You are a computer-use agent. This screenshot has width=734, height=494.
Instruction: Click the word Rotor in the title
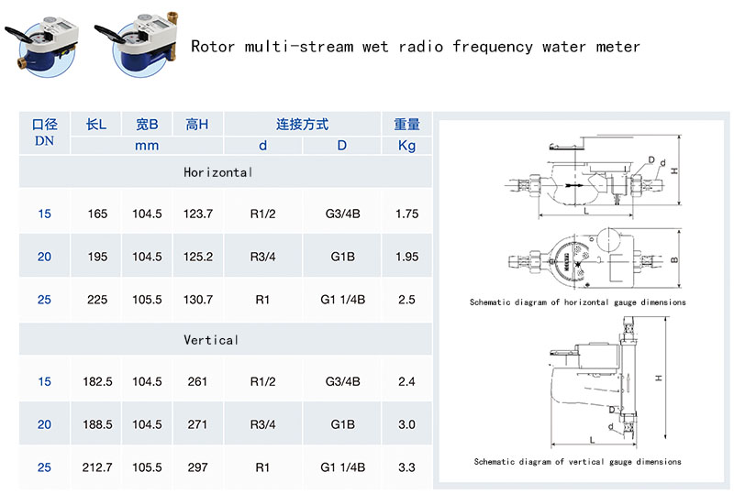coord(212,46)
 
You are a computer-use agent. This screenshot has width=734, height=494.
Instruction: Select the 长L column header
coord(97,125)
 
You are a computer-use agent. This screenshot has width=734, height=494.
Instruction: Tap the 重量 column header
coord(406,125)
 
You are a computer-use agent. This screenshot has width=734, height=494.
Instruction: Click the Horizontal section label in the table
coord(217,172)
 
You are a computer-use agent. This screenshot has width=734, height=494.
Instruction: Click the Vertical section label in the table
coord(211,340)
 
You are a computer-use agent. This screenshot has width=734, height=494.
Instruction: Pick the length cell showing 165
coord(97,214)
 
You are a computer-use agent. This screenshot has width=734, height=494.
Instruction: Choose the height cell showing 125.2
coord(197,257)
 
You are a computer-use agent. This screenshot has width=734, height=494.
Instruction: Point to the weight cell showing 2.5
coord(406,300)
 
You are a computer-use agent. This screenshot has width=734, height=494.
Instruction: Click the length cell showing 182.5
coord(97,382)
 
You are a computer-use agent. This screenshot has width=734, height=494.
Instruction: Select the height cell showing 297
coord(197,467)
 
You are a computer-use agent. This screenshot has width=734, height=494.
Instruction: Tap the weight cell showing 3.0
coord(406,424)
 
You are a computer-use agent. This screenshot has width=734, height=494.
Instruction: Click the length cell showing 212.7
coord(97,467)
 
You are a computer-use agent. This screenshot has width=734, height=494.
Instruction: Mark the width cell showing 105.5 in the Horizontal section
coord(147,300)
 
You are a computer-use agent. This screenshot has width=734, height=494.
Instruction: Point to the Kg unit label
coord(406,146)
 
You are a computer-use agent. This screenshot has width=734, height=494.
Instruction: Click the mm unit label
coord(147,146)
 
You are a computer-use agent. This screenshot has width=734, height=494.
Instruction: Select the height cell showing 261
coord(197,382)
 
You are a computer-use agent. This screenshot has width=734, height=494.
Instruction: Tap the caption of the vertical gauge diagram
coord(577,462)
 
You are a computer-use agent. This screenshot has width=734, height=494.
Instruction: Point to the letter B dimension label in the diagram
coord(673,259)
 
